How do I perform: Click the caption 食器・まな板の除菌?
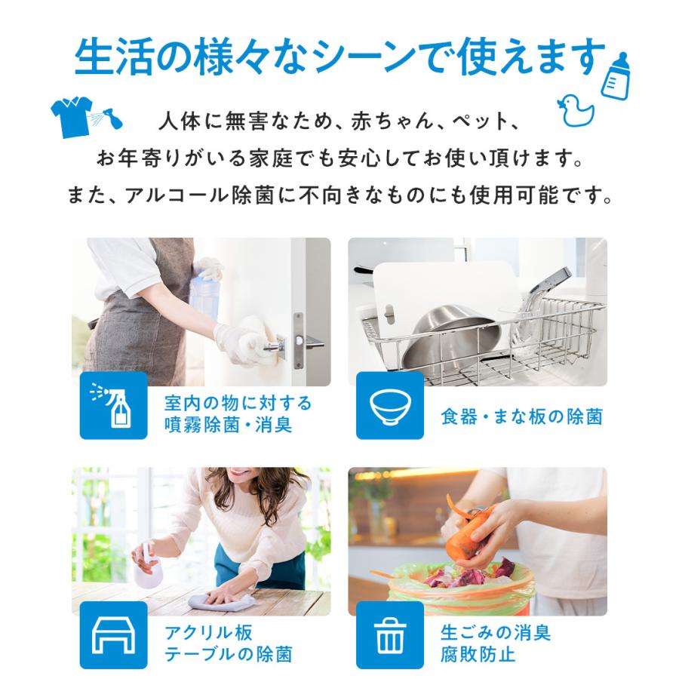[x=521, y=416]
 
